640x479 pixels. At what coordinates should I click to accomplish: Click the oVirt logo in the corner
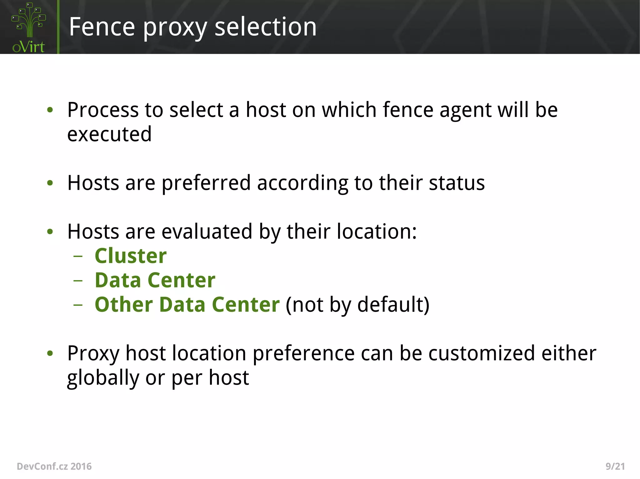click(x=28, y=27)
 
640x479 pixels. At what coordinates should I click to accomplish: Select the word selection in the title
click(x=266, y=27)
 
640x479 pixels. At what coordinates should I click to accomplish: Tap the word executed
click(x=109, y=134)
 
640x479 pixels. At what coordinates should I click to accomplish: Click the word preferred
click(x=206, y=183)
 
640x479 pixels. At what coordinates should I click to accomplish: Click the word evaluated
click(x=207, y=232)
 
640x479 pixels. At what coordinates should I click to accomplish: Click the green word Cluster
click(x=131, y=256)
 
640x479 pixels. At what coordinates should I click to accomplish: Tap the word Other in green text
click(x=124, y=305)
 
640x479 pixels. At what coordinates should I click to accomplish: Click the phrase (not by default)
click(x=357, y=305)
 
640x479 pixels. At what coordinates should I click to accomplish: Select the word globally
click(x=103, y=379)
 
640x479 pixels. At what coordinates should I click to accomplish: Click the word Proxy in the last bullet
click(x=93, y=354)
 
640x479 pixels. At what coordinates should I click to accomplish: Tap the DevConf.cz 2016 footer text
click(x=54, y=467)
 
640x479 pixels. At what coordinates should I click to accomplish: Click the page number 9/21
click(x=615, y=467)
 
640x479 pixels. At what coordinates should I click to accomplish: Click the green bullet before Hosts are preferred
click(x=50, y=183)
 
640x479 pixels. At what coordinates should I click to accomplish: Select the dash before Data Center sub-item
click(x=78, y=281)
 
